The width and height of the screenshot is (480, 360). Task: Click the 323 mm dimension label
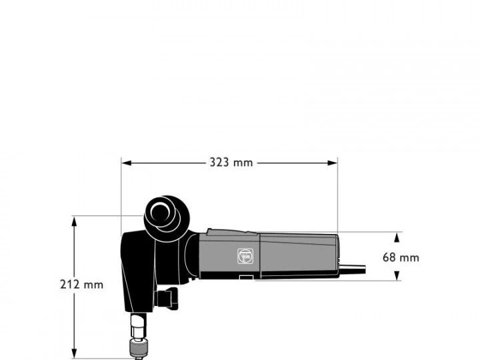point(231,163)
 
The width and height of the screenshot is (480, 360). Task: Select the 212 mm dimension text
point(82,285)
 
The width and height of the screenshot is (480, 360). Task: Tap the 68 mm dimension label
point(401,257)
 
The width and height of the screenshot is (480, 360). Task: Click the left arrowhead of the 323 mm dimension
point(127,163)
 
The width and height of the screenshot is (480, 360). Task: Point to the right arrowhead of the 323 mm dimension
point(333,163)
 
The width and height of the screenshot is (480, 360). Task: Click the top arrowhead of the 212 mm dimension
point(74,221)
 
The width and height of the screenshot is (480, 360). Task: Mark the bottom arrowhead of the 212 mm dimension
point(74,353)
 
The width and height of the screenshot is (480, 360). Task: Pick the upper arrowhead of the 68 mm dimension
point(397,237)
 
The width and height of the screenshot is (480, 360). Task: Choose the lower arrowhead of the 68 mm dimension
point(397,275)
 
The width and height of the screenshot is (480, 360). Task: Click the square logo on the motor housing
point(245,256)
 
